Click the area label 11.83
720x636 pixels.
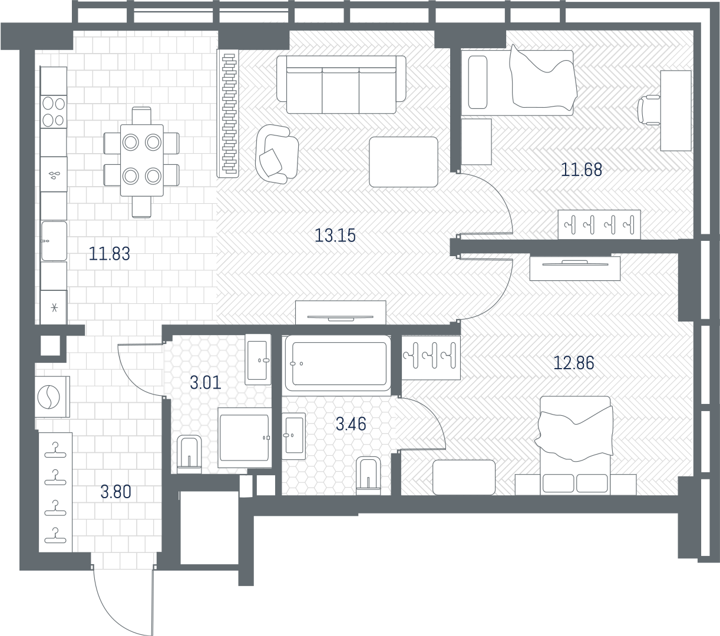click(110, 254)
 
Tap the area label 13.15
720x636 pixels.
click(335, 236)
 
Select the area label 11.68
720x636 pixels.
click(582, 170)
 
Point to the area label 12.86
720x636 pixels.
click(574, 363)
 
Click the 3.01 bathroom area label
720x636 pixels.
click(206, 383)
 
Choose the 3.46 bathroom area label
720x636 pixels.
click(351, 424)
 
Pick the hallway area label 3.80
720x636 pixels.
click(116, 492)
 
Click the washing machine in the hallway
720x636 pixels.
click(52, 396)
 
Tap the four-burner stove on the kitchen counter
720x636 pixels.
click(54, 112)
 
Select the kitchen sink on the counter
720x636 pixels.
click(54, 241)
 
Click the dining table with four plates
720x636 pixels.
click(142, 160)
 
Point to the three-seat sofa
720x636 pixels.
click(341, 85)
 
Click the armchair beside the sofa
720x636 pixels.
click(276, 154)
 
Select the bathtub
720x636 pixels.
click(337, 363)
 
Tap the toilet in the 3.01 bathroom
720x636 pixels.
click(189, 455)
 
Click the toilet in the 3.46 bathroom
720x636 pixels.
click(368, 475)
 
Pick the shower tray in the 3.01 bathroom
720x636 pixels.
click(245, 438)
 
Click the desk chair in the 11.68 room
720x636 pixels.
click(649, 110)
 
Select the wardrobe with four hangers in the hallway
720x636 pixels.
click(55, 492)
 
